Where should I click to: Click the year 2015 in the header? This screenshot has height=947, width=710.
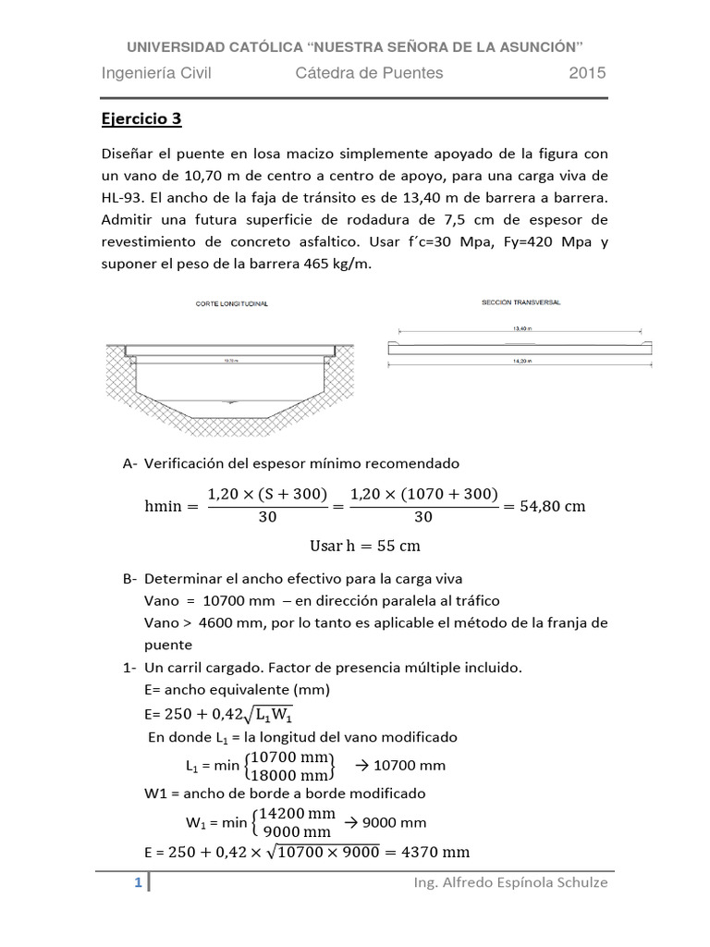click(587, 73)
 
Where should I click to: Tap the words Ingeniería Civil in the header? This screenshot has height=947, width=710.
click(156, 73)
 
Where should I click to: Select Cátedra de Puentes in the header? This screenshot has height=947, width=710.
click(369, 73)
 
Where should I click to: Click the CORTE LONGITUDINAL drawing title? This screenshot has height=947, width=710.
click(231, 304)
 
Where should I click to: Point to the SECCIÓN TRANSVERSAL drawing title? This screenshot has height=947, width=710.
click(520, 302)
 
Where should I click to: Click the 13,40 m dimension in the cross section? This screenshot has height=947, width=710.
click(520, 327)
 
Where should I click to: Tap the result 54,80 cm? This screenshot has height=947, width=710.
click(550, 506)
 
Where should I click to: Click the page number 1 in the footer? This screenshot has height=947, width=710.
click(138, 883)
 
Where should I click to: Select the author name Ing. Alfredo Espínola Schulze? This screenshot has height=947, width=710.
click(511, 883)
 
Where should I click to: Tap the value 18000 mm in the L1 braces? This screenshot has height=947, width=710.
click(289, 774)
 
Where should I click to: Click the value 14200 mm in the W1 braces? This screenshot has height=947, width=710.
click(296, 813)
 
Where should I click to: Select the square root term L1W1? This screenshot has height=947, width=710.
click(283, 714)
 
